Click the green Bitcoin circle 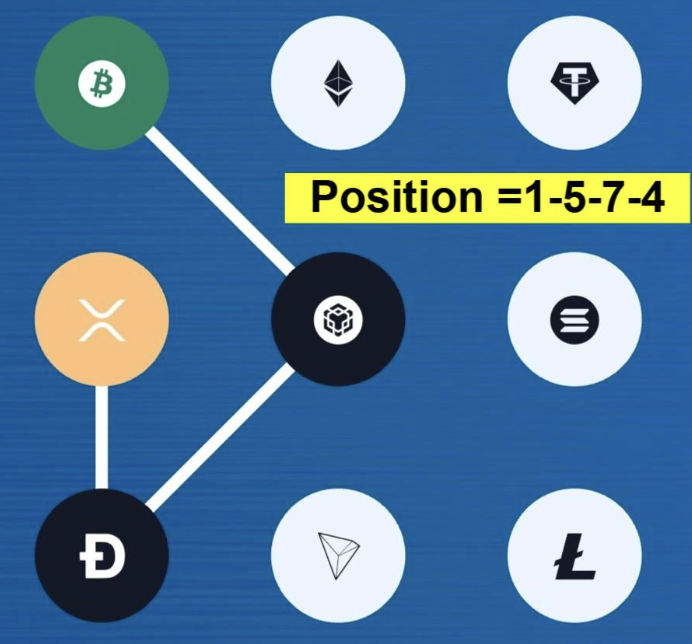[102, 83]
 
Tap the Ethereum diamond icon [338, 83]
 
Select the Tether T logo [575, 83]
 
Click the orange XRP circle [102, 319]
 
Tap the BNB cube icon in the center [338, 320]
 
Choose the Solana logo [575, 320]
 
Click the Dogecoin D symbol [102, 556]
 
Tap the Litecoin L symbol [575, 556]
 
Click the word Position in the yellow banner [397, 197]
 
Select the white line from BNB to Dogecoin [220, 438]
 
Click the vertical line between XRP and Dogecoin [102, 437]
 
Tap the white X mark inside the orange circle [102, 320]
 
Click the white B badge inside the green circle [102, 83]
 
